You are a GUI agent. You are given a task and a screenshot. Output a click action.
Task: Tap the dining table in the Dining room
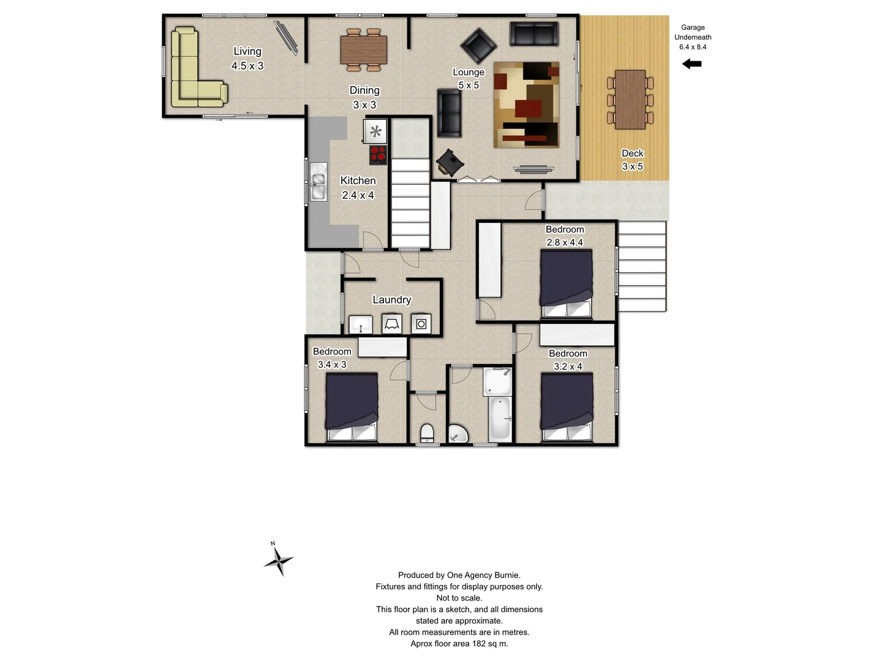pyautogui.click(x=364, y=49)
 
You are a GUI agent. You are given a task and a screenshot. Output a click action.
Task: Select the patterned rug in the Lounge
pyautogui.click(x=526, y=105)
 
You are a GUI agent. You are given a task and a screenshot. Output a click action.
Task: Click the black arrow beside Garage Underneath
pyautogui.click(x=692, y=64)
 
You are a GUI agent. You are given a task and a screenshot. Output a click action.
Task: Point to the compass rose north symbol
pyautogui.click(x=279, y=559)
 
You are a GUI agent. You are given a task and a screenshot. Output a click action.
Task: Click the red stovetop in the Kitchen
pyautogui.click(x=378, y=154)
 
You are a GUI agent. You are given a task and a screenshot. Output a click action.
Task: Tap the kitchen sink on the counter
pyautogui.click(x=317, y=182)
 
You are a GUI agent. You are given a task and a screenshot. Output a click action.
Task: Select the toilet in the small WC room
pyautogui.click(x=427, y=433)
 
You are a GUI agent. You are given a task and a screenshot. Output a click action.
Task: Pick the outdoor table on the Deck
pyautogui.click(x=630, y=99)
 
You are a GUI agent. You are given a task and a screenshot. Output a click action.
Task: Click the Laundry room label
pyautogui.click(x=391, y=299)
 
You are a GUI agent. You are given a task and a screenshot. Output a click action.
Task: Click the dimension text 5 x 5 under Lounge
pyautogui.click(x=469, y=85)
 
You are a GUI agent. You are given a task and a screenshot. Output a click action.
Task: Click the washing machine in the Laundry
pyautogui.click(x=421, y=324)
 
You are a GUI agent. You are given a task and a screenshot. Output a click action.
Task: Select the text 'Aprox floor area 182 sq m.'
pyautogui.click(x=459, y=643)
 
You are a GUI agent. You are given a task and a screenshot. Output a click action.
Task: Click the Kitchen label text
pyautogui.click(x=358, y=181)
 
